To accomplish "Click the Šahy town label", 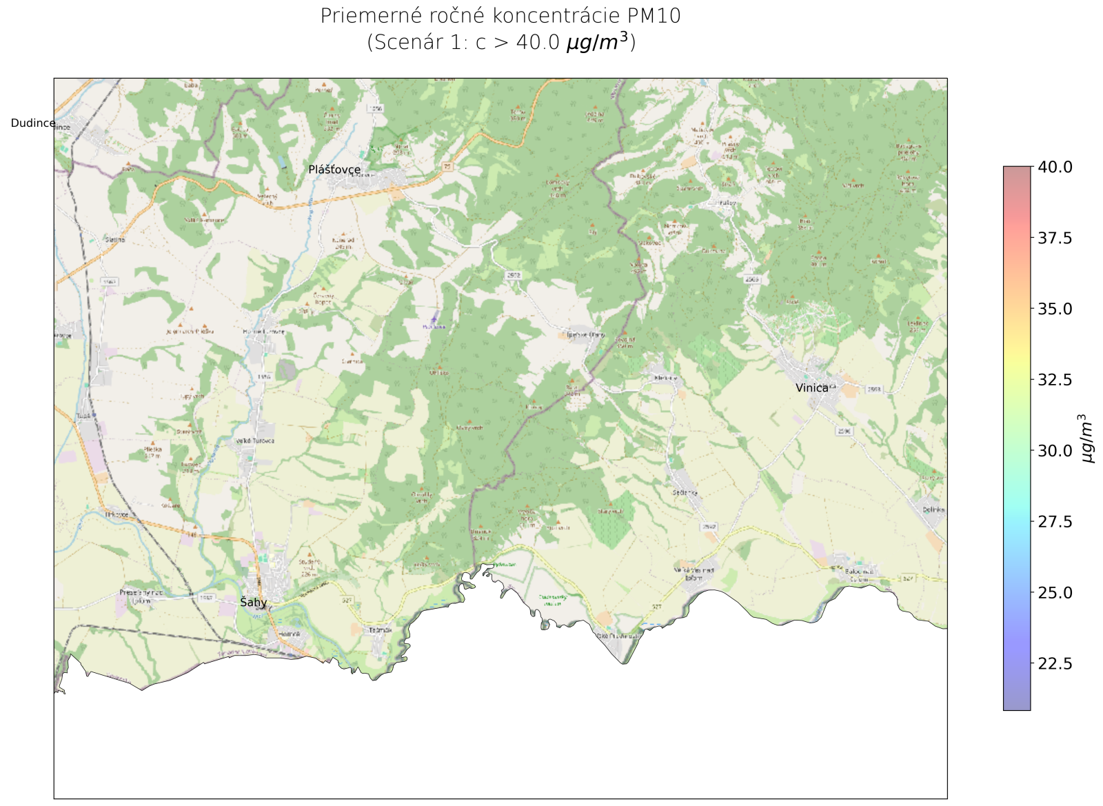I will (x=253, y=603).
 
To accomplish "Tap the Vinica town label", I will (x=811, y=388).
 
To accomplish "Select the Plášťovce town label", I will (x=334, y=170).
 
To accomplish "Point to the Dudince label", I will (x=33, y=123).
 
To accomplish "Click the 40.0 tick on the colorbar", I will (x=1055, y=167).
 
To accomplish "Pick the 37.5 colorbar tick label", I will (x=1055, y=238).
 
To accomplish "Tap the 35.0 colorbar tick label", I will (x=1055, y=309).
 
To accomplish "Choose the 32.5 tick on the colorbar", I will (x=1055, y=380).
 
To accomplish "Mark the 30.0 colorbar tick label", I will (x=1055, y=451).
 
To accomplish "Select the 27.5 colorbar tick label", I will (x=1055, y=522).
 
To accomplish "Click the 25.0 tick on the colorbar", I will (x=1055, y=593).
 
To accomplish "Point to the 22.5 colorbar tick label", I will (x=1055, y=664).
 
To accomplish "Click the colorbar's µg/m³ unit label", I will (x=1086, y=439).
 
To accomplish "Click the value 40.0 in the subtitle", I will (x=538, y=43).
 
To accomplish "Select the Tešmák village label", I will (x=380, y=630).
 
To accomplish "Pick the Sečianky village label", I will (x=685, y=493).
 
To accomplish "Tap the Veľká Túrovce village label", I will (x=255, y=441).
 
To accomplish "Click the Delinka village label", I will (x=933, y=510).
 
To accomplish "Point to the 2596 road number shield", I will (x=844, y=432).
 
